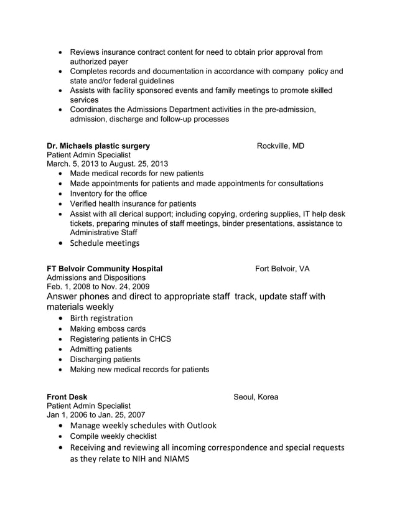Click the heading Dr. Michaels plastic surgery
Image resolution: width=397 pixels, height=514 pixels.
click(x=98, y=146)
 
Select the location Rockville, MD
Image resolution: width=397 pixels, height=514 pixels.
click(x=280, y=146)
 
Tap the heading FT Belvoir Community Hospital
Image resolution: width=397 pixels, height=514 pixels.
click(x=105, y=269)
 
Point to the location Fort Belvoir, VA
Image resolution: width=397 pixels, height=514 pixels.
click(x=282, y=269)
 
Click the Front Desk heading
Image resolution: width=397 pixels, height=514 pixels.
click(x=67, y=397)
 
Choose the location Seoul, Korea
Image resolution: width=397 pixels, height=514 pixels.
click(x=256, y=397)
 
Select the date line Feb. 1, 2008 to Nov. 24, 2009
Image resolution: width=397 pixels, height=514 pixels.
click(x=98, y=287)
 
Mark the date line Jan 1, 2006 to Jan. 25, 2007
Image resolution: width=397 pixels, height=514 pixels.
click(x=95, y=415)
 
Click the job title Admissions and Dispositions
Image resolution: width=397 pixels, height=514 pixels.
click(x=96, y=278)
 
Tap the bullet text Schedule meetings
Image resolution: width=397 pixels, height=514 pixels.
click(x=105, y=243)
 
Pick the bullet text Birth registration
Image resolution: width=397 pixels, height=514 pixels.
click(x=101, y=318)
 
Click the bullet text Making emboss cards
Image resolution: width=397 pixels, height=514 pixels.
click(x=108, y=329)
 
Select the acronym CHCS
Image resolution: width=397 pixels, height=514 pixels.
click(x=160, y=339)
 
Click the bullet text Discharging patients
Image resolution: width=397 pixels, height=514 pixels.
click(x=105, y=360)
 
